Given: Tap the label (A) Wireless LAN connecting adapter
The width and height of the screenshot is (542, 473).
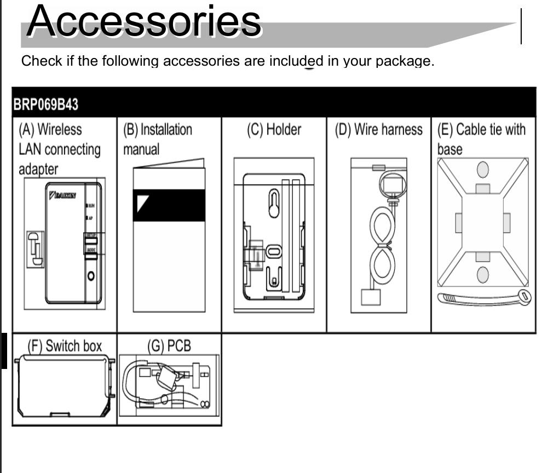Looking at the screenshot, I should click(60, 149).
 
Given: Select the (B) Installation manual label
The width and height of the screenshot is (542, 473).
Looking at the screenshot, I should click(158, 139).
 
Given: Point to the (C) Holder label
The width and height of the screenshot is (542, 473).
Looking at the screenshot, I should click(274, 130).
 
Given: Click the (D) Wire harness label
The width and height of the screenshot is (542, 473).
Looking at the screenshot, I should click(378, 130).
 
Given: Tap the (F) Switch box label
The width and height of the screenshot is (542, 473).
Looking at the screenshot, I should click(65, 346).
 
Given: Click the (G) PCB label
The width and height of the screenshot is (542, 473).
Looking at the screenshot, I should click(169, 346).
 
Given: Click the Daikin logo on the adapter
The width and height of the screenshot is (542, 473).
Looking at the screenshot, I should click(62, 195).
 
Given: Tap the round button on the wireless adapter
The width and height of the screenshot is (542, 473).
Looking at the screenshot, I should click(91, 275).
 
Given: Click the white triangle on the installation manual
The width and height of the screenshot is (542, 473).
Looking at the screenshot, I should click(142, 201).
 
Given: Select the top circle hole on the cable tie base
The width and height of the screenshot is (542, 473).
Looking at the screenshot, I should click(482, 170).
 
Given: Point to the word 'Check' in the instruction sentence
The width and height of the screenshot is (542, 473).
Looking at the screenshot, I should click(41, 61).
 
